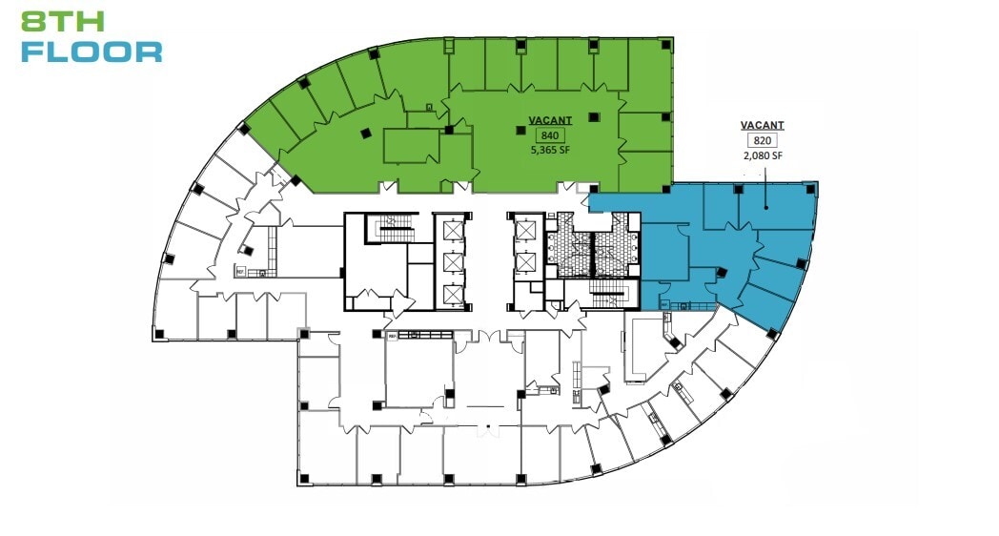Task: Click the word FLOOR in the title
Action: (92, 52)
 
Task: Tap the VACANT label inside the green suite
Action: (550, 120)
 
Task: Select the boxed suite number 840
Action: (550, 135)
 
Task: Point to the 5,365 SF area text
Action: (550, 150)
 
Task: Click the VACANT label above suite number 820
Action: (762, 125)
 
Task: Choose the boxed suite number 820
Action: (762, 140)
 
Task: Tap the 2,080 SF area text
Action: (762, 155)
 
